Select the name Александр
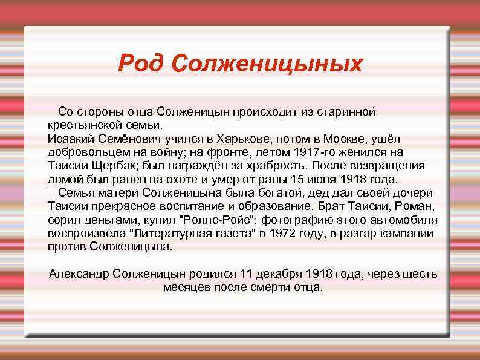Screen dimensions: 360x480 coord(79,273)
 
